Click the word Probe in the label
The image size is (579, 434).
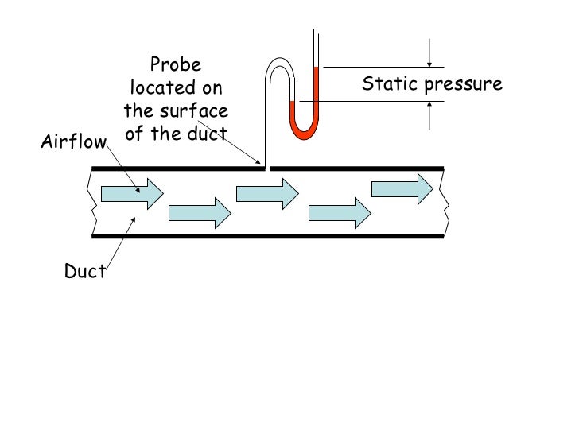pyautogui.click(x=176, y=64)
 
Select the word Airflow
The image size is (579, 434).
pyautogui.click(x=73, y=143)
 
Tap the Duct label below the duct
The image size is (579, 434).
pyautogui.click(x=85, y=272)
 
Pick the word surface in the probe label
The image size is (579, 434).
pyautogui.click(x=197, y=110)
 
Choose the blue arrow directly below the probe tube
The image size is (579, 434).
pyautogui.click(x=267, y=192)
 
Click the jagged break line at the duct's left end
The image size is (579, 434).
pyautogui.click(x=95, y=202)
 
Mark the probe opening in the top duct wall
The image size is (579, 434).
pyautogui.click(x=268, y=168)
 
